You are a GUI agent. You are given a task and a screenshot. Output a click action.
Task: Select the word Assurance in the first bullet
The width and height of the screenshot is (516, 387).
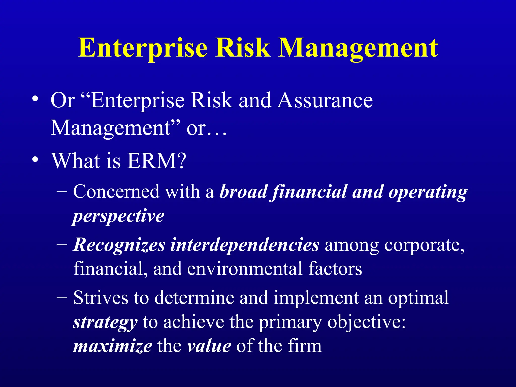325,100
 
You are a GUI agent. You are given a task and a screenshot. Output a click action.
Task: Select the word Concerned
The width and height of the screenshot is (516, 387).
116,191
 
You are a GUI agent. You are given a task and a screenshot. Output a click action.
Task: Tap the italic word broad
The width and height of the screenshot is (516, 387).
243,191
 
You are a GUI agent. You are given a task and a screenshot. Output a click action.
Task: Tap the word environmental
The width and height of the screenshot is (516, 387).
245,269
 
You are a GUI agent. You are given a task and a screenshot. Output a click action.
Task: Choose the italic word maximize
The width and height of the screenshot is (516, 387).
112,346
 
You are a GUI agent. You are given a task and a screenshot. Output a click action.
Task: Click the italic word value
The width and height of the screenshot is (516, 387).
209,346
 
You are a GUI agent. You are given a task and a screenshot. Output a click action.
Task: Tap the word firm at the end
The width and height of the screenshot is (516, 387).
305,346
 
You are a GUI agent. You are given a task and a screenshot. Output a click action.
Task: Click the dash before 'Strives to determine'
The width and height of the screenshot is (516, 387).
62,297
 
